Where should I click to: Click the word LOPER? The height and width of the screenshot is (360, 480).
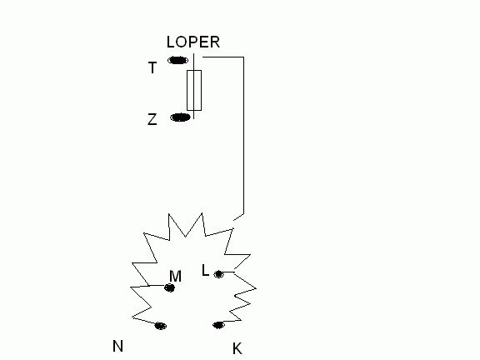pyautogui.click(x=193, y=42)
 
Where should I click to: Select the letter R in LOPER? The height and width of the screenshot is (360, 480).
pyautogui.click(x=215, y=42)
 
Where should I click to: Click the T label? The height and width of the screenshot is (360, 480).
pyautogui.click(x=152, y=67)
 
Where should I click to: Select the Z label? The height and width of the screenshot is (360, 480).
pyautogui.click(x=152, y=119)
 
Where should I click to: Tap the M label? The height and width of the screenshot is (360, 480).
pyautogui.click(x=175, y=276)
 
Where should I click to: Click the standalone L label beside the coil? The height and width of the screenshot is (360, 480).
pyautogui.click(x=205, y=271)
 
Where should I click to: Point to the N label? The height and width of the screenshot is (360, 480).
pyautogui.click(x=117, y=346)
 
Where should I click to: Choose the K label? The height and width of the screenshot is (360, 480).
pyautogui.click(x=237, y=348)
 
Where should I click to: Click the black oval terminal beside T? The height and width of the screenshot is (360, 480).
pyautogui.click(x=177, y=60)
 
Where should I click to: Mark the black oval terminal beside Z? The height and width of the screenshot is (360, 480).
pyautogui.click(x=180, y=117)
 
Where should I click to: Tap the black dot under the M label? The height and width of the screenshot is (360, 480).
pyautogui.click(x=170, y=287)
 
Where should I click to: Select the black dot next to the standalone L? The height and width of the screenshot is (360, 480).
pyautogui.click(x=218, y=273)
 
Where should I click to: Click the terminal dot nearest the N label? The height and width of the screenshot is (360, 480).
pyautogui.click(x=160, y=326)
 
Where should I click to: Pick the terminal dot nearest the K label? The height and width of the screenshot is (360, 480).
pyautogui.click(x=218, y=325)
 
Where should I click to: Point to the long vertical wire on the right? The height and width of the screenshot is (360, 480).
pyautogui.click(x=243, y=136)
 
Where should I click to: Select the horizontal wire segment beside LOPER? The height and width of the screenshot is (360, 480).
pyautogui.click(x=223, y=57)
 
